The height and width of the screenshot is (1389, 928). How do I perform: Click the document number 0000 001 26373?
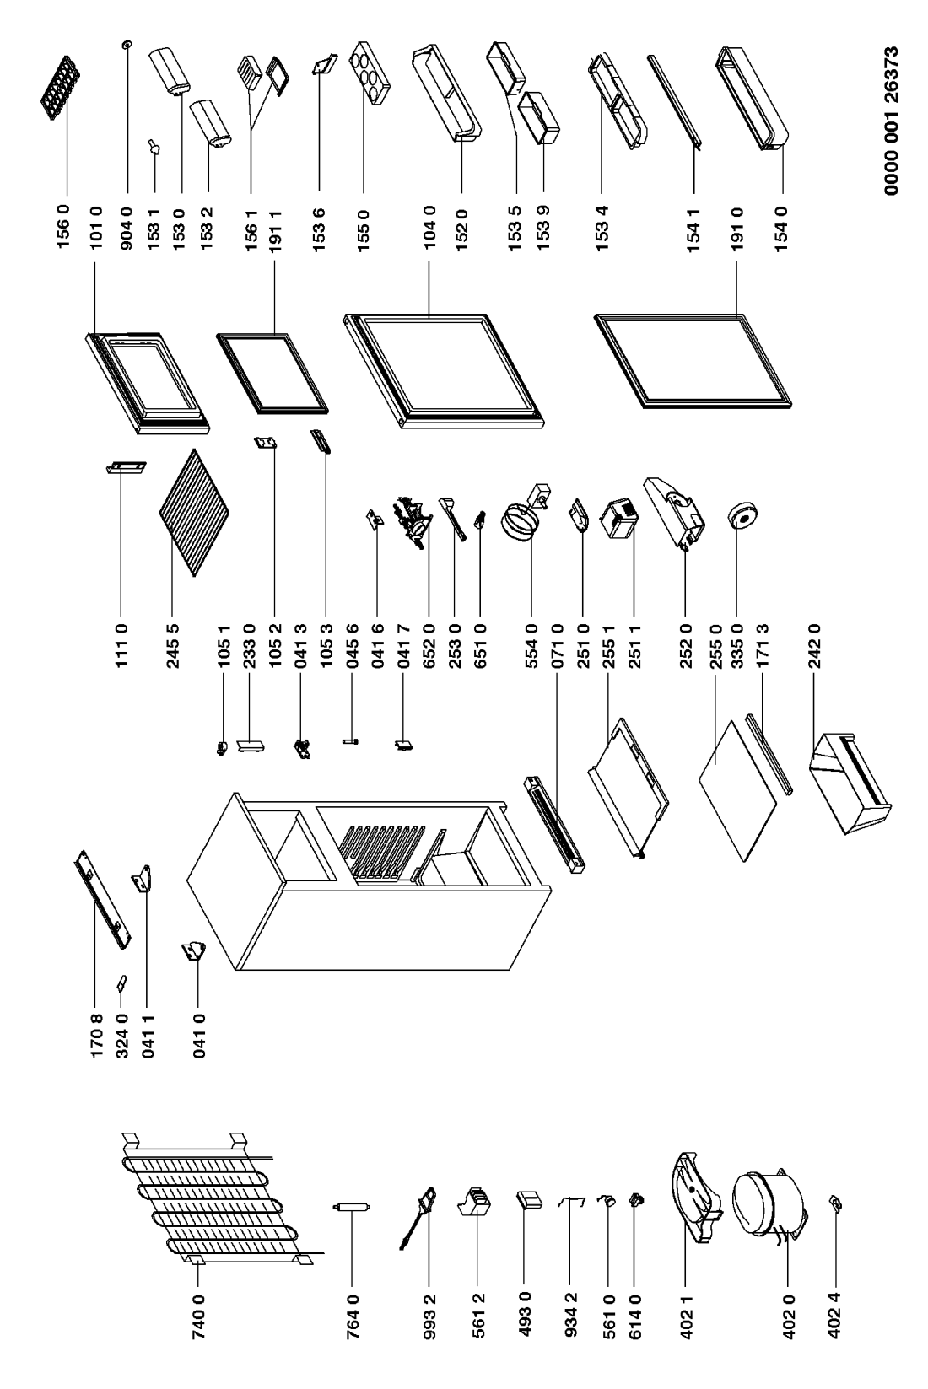pyautogui.click(x=892, y=121)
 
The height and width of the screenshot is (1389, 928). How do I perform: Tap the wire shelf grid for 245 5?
pyautogui.click(x=193, y=512)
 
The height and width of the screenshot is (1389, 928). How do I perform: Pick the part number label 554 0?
pyautogui.click(x=531, y=646)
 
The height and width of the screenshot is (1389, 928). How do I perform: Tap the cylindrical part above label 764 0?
pyautogui.click(x=351, y=1207)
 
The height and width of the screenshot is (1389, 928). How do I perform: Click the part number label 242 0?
pyautogui.click(x=814, y=646)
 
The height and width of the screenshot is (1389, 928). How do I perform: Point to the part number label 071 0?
pyautogui.click(x=557, y=646)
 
